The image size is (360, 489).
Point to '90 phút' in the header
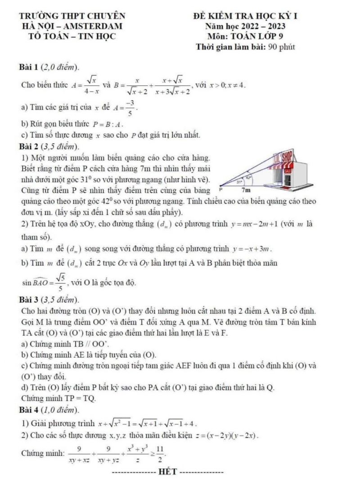(x=281, y=46)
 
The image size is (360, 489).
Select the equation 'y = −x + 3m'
(x=252, y=248)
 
